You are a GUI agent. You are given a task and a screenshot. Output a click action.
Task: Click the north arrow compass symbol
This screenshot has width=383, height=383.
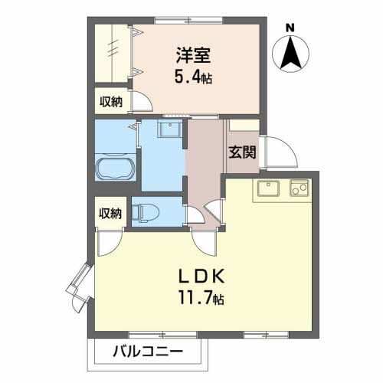click(x=290, y=51)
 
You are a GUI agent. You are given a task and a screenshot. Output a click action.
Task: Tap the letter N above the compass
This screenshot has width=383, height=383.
click(x=290, y=28)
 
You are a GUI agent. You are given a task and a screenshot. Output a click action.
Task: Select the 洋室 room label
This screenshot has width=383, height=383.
click(x=193, y=56)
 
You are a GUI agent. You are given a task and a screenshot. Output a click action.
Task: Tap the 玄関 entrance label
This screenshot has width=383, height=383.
click(x=241, y=152)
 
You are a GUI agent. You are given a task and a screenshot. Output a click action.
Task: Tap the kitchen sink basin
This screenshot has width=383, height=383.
click(x=267, y=188)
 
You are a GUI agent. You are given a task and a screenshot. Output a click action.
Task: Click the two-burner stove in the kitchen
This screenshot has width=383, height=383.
click(x=298, y=187)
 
